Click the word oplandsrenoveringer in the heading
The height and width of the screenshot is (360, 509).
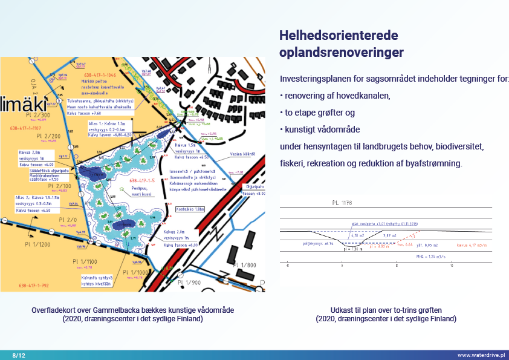(341, 53)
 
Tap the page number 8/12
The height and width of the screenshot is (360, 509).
(19, 355)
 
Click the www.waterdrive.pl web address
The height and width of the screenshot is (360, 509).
(481, 355)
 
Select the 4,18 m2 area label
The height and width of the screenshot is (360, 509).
(356, 234)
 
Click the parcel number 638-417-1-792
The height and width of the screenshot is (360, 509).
(26, 285)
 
